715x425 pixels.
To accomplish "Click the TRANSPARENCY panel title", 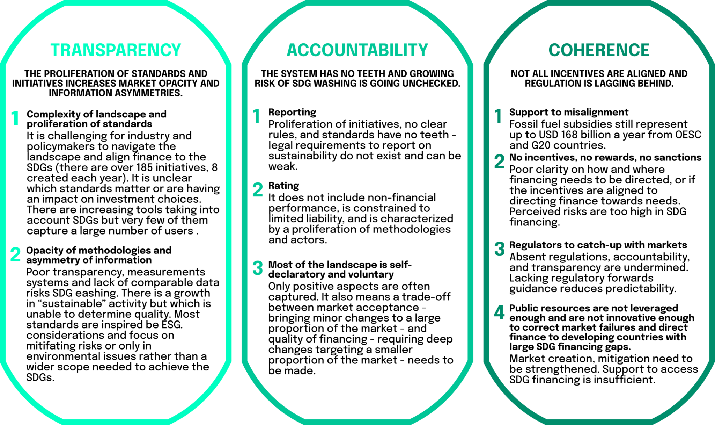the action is [116, 50].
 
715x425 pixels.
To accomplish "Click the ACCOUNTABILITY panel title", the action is [357, 50].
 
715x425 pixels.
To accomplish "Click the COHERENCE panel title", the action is [599, 50].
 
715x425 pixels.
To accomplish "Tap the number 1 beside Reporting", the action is [257, 116].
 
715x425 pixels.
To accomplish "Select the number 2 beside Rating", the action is [258, 189].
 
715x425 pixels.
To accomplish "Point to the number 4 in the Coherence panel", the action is [499, 312].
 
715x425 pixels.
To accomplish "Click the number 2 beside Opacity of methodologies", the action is [15, 254].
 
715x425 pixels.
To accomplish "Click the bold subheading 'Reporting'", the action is [292, 112].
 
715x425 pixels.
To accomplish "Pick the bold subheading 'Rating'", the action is [283, 186].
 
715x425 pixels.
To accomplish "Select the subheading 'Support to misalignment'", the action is [569, 112].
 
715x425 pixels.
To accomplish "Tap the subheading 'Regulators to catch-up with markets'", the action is [598, 245].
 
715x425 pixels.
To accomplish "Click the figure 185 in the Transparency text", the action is [146, 167].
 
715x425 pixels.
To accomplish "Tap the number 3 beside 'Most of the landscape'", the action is [258, 268].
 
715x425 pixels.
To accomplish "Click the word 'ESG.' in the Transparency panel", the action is [172, 325].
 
